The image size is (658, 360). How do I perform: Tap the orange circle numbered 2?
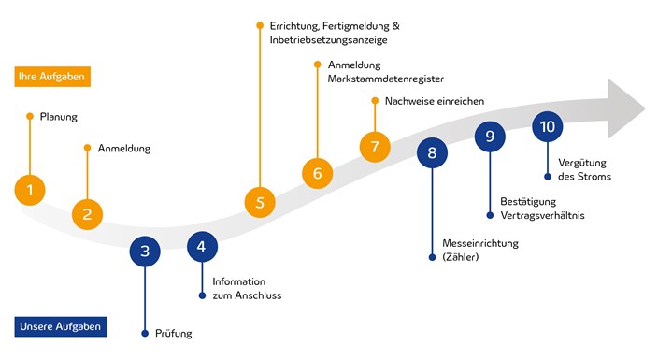pos(87,213)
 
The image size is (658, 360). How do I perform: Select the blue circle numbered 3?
pos(145,250)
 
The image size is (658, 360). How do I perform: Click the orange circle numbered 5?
pos(260,201)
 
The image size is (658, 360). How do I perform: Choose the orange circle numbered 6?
pos(317,173)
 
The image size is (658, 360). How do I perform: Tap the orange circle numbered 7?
pos(375,147)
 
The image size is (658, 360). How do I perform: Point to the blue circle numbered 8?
pos(432,152)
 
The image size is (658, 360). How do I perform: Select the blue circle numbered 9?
pos(490,137)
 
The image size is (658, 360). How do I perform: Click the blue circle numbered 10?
pos(547,126)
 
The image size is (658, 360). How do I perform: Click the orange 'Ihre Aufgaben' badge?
pos(52,76)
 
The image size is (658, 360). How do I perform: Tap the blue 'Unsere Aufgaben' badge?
pos(60,326)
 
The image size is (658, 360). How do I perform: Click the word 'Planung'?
pos(59,117)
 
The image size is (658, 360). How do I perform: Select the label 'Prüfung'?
pos(174,333)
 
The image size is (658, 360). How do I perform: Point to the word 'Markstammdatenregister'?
pos(386,79)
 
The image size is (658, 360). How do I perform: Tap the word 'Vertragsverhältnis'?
pos(542,216)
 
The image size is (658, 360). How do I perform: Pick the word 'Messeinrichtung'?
pos(480,243)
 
